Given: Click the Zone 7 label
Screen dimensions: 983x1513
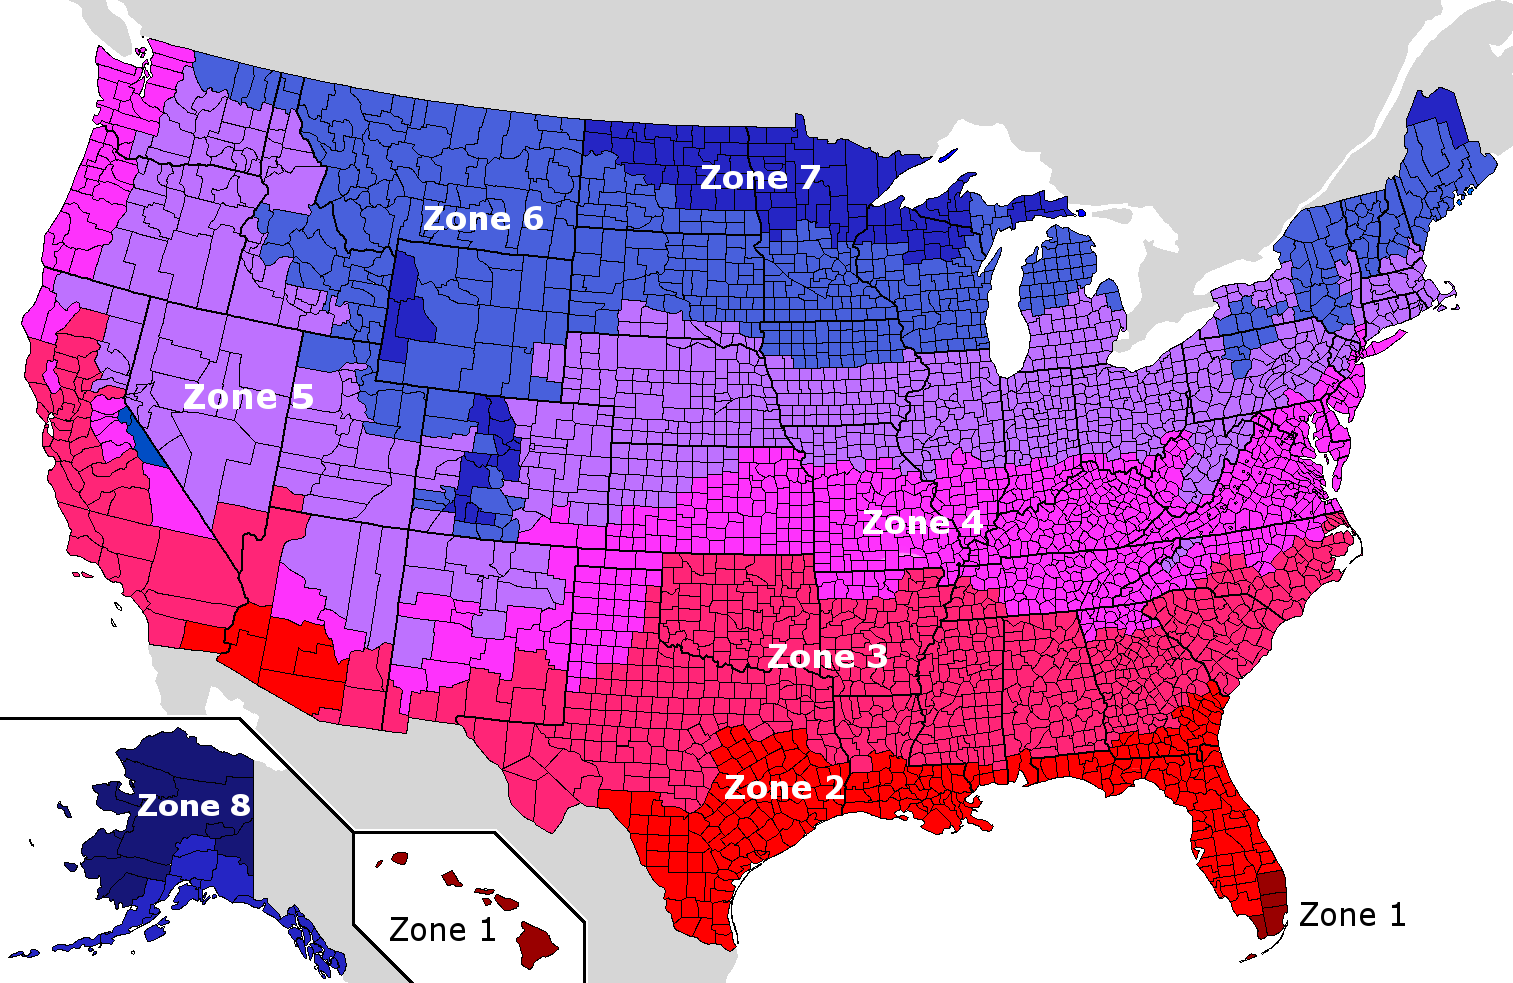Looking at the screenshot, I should (x=760, y=178).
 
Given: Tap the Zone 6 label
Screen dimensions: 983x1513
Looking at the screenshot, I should (x=483, y=219).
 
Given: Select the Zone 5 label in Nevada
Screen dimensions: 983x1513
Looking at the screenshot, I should (x=248, y=397).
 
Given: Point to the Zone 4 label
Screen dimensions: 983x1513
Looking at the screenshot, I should (x=921, y=523).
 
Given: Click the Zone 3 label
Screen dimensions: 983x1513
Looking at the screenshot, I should (x=826, y=657).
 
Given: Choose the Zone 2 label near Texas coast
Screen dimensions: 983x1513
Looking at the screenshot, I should (x=783, y=788).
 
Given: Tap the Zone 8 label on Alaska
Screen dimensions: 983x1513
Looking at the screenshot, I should (x=193, y=806).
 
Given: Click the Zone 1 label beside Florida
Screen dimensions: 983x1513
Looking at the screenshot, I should (x=1352, y=915).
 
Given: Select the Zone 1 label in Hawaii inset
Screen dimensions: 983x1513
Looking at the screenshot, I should (x=442, y=930).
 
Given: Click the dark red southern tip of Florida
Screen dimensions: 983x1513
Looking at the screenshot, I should (x=1270, y=900).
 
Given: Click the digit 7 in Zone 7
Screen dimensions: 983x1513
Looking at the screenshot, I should (x=809, y=178).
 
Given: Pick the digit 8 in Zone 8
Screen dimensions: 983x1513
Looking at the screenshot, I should (x=240, y=806).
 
